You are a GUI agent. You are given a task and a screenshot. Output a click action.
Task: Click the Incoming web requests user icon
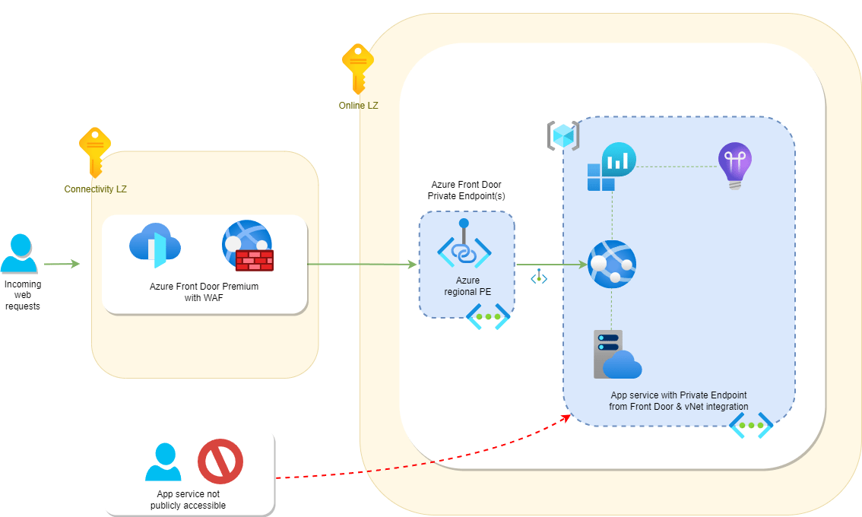tap(19, 253)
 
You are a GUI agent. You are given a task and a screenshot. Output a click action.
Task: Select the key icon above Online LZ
tap(358, 69)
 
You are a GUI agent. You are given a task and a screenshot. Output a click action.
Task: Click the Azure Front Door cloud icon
tap(155, 246)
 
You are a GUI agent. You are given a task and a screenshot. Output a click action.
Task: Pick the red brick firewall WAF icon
tap(255, 260)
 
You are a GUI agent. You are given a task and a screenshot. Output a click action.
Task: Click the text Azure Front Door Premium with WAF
tap(204, 292)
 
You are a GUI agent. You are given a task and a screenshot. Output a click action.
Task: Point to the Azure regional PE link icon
tap(464, 244)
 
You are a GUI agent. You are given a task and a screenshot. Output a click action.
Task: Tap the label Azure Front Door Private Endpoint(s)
tap(466, 190)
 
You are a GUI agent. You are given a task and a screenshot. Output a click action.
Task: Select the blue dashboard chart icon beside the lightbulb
tap(611, 167)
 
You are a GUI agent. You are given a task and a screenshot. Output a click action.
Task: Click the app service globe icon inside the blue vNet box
tap(612, 264)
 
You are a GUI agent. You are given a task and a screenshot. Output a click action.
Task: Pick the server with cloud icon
tap(617, 354)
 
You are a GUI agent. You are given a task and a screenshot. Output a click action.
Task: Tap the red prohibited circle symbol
tap(220, 461)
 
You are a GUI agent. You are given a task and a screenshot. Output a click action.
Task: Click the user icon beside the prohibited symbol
tap(163, 462)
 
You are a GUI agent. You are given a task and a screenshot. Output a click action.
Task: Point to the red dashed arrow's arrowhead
tap(566, 418)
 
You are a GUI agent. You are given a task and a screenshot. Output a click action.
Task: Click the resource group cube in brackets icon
tap(563, 135)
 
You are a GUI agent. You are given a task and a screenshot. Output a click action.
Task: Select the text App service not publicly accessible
tap(188, 500)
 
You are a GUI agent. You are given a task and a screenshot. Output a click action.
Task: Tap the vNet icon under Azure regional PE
tap(488, 317)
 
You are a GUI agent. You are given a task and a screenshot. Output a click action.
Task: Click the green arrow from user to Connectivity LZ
tap(62, 264)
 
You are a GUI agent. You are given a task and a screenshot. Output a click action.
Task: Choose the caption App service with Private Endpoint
tap(679, 395)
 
